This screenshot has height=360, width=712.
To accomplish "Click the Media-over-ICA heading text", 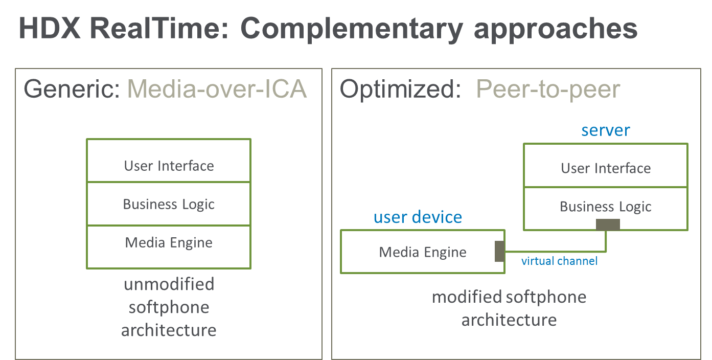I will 217,90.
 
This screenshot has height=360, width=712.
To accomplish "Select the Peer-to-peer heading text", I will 548,90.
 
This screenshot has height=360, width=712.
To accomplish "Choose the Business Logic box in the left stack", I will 169,204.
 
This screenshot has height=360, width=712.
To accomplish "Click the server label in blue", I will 606,130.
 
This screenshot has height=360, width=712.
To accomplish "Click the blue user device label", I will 418,217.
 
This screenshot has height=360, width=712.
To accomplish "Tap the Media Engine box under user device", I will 422,252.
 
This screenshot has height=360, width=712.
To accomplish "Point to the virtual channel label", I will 559,261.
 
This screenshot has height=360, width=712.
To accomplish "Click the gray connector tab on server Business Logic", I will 608,224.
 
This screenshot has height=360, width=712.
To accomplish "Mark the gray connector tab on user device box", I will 499,252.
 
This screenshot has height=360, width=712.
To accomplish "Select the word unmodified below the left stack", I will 169,284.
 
